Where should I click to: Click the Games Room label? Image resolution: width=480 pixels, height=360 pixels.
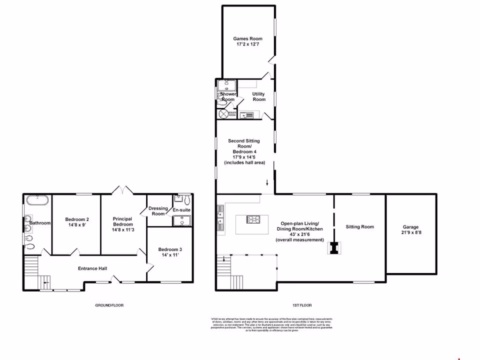point(248,39)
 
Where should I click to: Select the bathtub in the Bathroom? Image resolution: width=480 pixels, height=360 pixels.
point(37,200)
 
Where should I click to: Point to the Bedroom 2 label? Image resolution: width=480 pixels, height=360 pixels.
point(77,219)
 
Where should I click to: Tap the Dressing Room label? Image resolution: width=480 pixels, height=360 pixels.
point(158,211)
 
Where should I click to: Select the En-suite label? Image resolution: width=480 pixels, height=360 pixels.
point(181,210)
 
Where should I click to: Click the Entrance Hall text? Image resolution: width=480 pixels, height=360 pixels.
point(92,269)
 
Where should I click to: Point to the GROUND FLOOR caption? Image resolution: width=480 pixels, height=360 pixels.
point(109,305)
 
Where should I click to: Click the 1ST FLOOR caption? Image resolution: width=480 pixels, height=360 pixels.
point(302,305)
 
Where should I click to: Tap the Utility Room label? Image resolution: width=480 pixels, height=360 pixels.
point(259,97)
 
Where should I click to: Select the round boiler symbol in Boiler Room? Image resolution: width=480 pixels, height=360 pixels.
point(223,114)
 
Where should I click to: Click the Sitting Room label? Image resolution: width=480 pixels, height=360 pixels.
point(360,227)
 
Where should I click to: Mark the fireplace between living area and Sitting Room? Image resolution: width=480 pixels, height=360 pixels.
point(334,248)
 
